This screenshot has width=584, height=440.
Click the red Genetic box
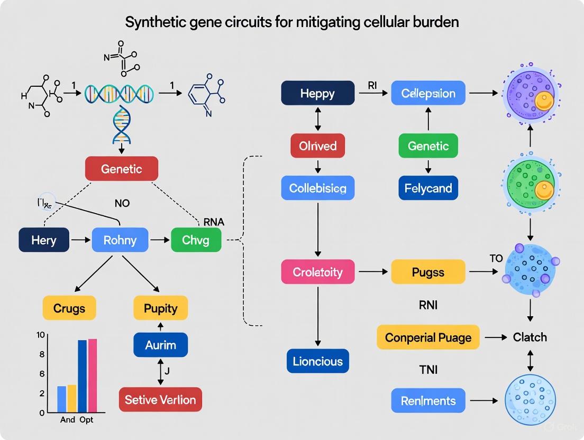[122, 169]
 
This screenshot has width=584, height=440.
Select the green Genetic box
[428, 146]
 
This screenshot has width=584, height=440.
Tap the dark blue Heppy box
[317, 93]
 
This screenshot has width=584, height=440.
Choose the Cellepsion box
[428, 93]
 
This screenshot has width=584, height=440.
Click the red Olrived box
[317, 146]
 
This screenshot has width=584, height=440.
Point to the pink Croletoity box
[317, 272]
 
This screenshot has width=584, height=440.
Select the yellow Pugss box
[428, 272]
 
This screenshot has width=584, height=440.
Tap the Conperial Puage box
[428, 337]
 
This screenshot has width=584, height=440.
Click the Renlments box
[428, 400]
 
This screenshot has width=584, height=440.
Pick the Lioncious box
[317, 361]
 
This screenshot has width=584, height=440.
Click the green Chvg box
[196, 240]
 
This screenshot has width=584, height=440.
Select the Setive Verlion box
[160, 399]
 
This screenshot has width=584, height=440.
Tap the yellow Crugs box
[69, 308]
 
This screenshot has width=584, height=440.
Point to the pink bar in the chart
[92, 375]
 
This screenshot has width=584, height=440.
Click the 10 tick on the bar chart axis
[40, 335]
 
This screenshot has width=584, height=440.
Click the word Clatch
[530, 337]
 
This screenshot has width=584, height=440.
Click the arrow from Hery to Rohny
[80, 240]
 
